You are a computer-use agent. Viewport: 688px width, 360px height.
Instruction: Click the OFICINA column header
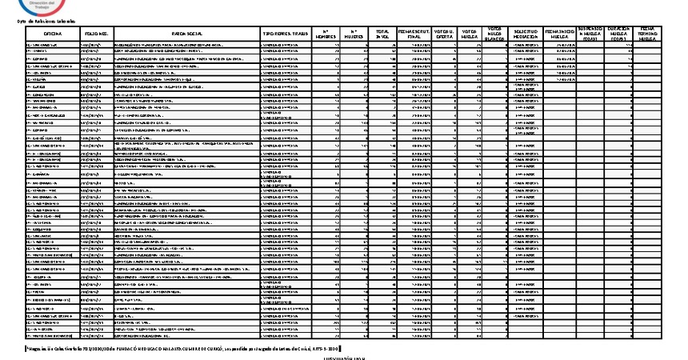point(52,34)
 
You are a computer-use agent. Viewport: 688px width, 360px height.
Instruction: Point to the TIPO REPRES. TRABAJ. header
point(286,34)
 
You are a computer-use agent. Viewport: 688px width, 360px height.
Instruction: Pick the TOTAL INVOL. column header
point(382,34)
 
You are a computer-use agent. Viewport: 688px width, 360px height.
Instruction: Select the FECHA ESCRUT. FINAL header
point(414,34)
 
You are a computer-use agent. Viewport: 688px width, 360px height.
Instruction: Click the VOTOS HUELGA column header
point(470,34)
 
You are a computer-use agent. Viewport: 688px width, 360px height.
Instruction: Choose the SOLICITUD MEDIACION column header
point(525,34)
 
